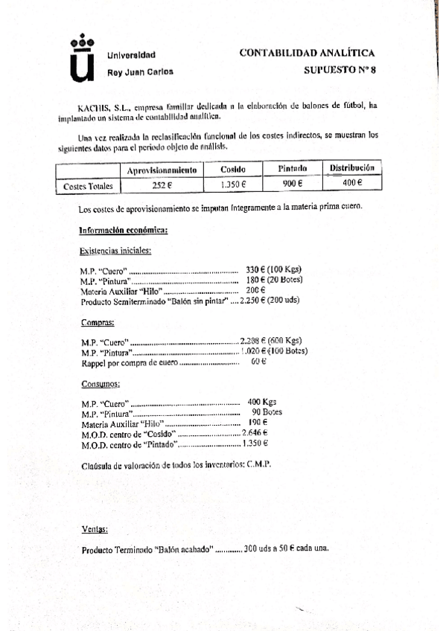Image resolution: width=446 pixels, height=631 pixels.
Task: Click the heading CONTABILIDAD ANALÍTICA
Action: [307, 52]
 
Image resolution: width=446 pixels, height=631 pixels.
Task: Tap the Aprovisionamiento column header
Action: [161, 170]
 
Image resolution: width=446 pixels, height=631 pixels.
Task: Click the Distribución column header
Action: [352, 169]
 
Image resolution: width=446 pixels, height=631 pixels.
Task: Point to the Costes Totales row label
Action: [87, 185]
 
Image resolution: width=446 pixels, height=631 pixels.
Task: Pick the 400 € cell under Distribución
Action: [351, 182]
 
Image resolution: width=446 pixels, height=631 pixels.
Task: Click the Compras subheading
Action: [97, 324]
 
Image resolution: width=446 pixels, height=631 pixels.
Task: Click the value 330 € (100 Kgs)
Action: [273, 269]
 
